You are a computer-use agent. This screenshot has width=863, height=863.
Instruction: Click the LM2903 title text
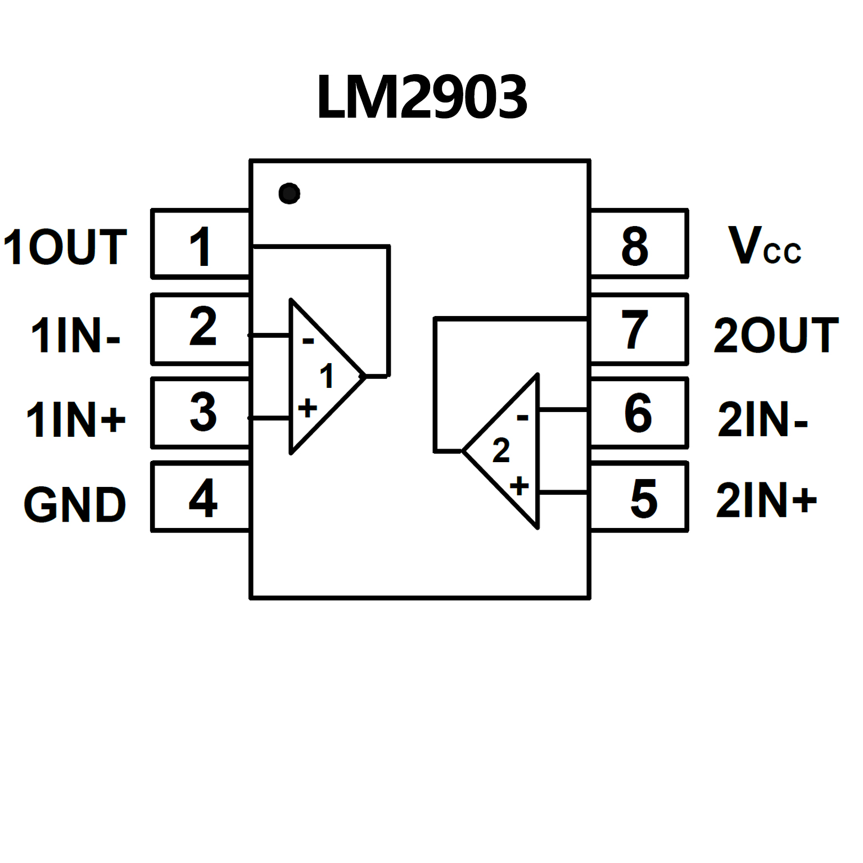(422, 97)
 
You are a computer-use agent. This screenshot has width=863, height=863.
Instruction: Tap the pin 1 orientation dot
(289, 193)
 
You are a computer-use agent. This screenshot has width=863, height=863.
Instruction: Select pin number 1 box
(200, 245)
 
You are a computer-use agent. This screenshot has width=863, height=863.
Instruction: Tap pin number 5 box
(640, 498)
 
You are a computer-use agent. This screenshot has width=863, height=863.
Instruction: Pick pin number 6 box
(639, 413)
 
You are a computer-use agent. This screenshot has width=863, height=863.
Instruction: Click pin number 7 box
(639, 329)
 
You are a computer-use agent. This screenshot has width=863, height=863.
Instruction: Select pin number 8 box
(639, 245)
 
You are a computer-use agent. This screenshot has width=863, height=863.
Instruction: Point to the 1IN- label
(75, 336)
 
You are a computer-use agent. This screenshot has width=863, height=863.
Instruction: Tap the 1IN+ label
(76, 419)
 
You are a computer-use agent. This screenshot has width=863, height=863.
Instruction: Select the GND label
(75, 504)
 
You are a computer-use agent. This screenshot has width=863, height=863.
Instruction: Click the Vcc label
(764, 246)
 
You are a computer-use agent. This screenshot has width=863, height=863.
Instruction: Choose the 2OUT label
(776, 336)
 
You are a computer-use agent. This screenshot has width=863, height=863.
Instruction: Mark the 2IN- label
(762, 419)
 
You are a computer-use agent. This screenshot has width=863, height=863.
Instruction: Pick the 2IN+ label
(766, 500)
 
